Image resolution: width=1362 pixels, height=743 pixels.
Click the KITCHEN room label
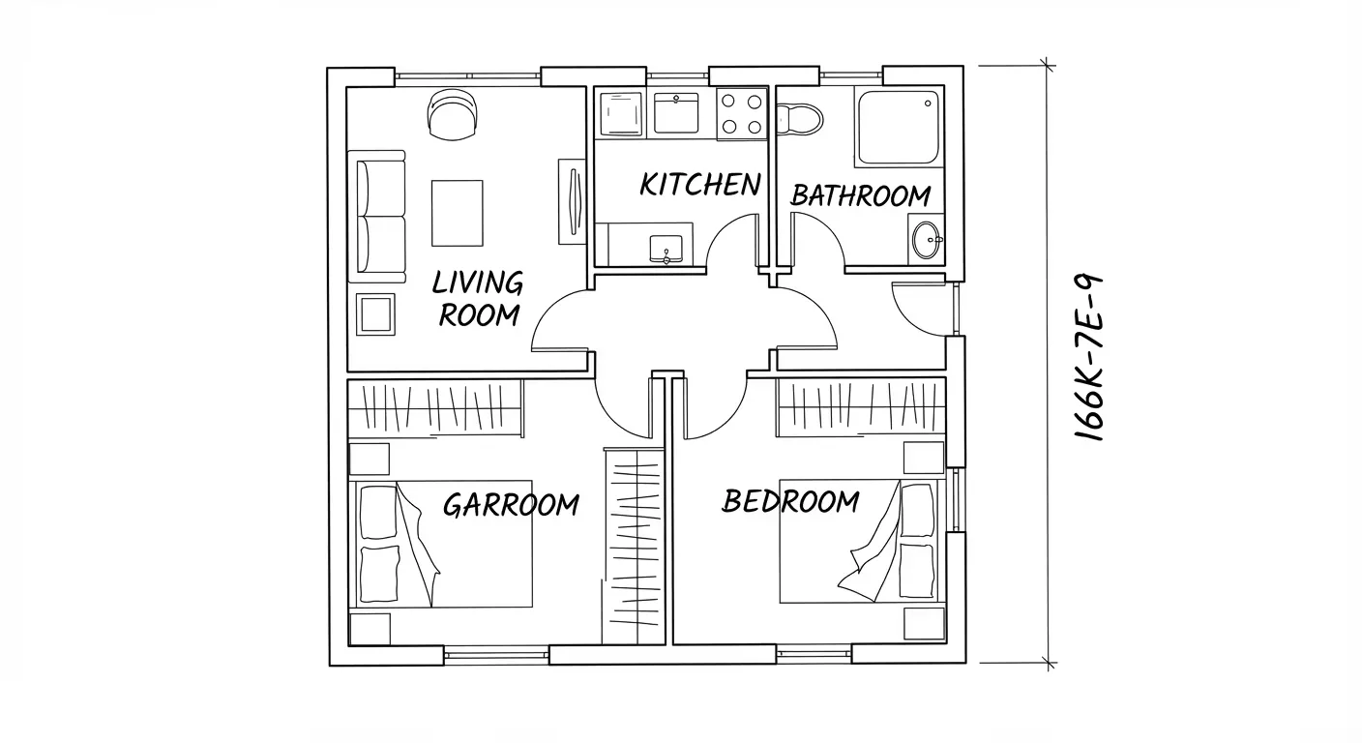[x=700, y=184]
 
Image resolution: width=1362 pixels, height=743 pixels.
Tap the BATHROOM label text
[x=861, y=195]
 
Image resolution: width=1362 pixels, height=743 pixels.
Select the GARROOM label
[x=511, y=505]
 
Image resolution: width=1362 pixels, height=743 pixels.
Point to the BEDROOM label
[x=790, y=501]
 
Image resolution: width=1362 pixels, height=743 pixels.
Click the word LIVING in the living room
[x=477, y=282]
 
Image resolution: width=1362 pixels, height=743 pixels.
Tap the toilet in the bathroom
[x=799, y=119]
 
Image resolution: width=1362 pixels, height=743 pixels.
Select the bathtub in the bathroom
[x=899, y=128]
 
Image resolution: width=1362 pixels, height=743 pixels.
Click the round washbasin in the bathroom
[x=926, y=240]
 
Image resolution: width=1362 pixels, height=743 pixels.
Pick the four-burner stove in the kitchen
[x=741, y=114]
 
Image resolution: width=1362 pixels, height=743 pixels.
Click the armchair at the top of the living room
[x=453, y=114]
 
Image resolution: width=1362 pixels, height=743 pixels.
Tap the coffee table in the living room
[x=458, y=213]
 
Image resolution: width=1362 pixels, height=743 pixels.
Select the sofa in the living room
[x=377, y=217]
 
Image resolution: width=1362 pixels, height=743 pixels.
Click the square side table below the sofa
[x=375, y=313]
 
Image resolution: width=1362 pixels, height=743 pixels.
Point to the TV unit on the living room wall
[x=572, y=202]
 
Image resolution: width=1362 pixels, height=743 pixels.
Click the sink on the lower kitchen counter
[x=666, y=250]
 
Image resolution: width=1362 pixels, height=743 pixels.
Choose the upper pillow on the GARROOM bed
[x=378, y=512]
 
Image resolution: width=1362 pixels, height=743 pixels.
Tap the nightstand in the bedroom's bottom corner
[x=924, y=623]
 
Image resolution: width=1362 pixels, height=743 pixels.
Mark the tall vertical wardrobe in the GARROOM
[x=634, y=546]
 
